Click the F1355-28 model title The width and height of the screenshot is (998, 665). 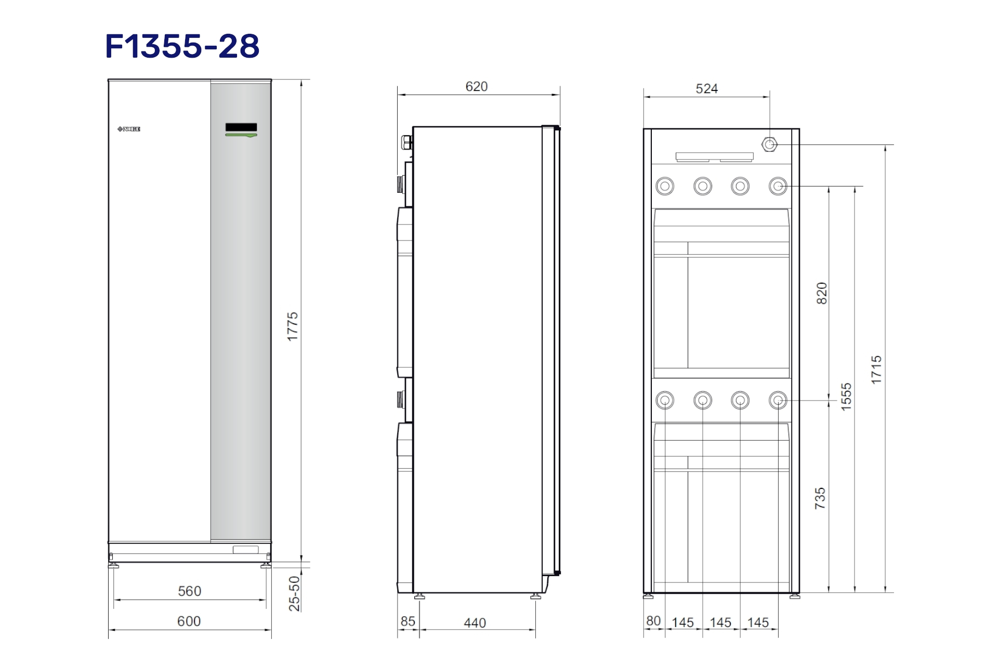(182, 46)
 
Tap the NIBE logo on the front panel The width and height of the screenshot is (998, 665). (129, 129)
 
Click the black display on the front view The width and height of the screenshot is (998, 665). (241, 127)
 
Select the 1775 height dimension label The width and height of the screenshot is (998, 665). (293, 326)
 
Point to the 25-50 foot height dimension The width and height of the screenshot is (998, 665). (294, 593)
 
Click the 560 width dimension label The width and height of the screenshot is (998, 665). (189, 591)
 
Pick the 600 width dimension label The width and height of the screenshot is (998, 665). (189, 621)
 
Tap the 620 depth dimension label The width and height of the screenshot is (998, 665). (476, 87)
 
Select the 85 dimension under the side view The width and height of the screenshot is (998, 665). (408, 621)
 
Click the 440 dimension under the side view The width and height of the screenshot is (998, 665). (475, 623)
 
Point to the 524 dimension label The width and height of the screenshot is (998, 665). (706, 89)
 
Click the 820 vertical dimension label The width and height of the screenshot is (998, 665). (822, 293)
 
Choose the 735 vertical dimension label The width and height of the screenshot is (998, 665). (820, 498)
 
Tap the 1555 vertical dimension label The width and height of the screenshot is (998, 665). (847, 397)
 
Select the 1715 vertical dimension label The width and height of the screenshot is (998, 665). (877, 370)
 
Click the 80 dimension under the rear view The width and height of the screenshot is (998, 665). (653, 621)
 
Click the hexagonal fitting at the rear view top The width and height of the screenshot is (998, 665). (769, 144)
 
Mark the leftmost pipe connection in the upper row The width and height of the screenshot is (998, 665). (665, 186)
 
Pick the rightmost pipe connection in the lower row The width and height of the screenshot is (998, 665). (778, 401)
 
